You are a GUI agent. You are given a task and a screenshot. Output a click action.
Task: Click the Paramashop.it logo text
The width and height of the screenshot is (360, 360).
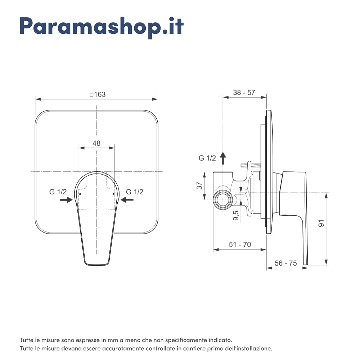click(102, 26)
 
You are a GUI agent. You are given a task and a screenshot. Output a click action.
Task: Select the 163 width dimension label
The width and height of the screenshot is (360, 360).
click(98, 94)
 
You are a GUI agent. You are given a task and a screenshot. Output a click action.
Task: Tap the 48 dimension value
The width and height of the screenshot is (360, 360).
click(96, 143)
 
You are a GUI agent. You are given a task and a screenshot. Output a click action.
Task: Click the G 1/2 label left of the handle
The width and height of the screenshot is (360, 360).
click(58, 192)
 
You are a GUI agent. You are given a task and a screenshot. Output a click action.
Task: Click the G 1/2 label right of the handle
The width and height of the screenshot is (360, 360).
click(135, 192)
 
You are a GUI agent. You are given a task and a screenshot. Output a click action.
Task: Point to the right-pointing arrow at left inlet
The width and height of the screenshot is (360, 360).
click(66, 200)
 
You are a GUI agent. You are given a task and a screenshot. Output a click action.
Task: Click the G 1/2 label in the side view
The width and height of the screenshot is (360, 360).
click(207, 158)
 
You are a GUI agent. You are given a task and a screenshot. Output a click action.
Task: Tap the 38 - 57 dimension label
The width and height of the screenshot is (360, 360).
click(244, 93)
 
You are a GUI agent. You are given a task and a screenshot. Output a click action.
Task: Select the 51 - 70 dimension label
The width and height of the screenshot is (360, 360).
click(240, 244)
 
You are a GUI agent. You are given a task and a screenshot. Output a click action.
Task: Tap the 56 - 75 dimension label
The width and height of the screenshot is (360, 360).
click(286, 263)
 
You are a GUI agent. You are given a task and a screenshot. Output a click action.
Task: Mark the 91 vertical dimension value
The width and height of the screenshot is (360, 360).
click(321, 223)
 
